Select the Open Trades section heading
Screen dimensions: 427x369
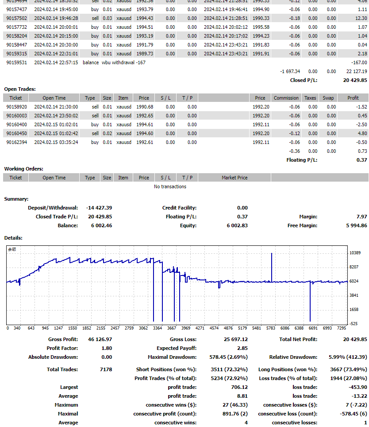(20, 89)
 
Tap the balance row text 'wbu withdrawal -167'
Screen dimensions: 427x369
(123, 62)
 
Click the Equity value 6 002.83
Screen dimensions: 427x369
(237, 225)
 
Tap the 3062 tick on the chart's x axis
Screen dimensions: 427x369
(143, 328)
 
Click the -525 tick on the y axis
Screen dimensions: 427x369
(354, 324)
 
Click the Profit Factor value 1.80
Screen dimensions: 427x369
(106, 348)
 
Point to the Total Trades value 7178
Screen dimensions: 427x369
(106, 369)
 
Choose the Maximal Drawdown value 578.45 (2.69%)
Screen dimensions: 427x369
(228, 357)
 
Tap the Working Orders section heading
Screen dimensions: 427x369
(24, 169)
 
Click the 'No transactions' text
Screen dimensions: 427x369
(170, 186)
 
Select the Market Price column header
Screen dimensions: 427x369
(234, 178)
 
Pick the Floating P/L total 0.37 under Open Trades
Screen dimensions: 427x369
(361, 160)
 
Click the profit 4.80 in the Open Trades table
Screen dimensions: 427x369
(362, 133)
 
